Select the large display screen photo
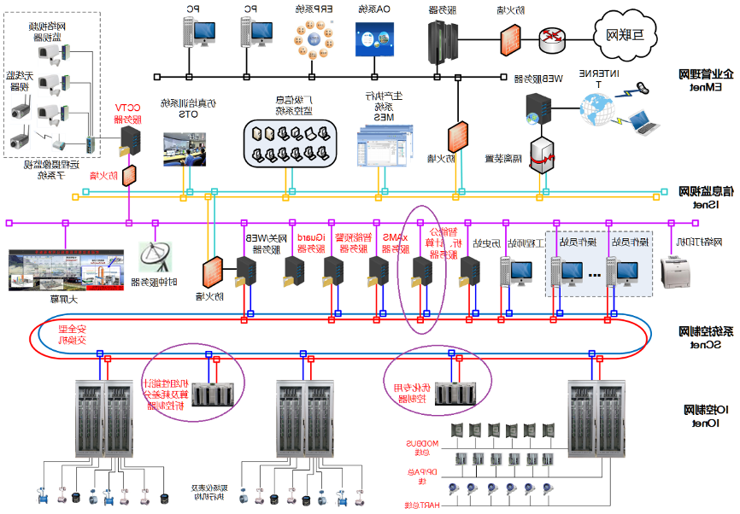(62, 270)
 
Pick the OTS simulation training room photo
(185, 148)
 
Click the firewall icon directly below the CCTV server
(129, 176)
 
